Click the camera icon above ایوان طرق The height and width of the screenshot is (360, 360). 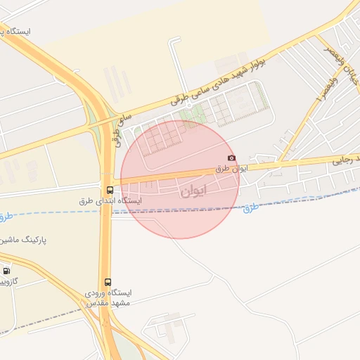tap(232, 158)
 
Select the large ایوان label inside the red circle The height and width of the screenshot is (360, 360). tap(194, 191)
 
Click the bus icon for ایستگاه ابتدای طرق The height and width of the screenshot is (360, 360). tap(109, 190)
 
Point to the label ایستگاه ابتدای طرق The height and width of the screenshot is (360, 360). tap(111, 200)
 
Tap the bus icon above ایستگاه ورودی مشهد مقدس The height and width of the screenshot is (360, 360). tap(108, 281)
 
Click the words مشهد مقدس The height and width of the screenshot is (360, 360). tap(106, 303)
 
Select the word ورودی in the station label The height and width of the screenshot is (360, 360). tap(97, 292)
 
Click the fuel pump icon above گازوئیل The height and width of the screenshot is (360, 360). tap(6, 271)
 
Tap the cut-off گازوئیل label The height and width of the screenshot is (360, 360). tap(8, 281)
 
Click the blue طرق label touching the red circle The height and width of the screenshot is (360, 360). tap(251, 207)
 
